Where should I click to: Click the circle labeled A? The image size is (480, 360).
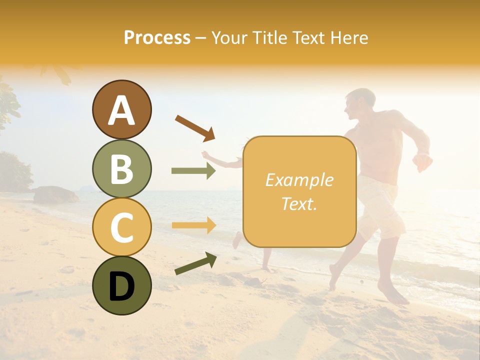pyautogui.click(x=121, y=109)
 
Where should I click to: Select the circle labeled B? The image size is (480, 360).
pyautogui.click(x=121, y=168)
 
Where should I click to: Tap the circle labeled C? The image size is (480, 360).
pyautogui.click(x=121, y=227)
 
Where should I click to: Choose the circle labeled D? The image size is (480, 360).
pyautogui.click(x=121, y=285)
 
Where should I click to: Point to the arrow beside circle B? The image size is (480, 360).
pyautogui.click(x=193, y=171)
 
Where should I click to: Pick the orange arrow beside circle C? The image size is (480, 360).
pyautogui.click(x=193, y=225)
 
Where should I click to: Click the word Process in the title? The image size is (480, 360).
pyautogui.click(x=157, y=38)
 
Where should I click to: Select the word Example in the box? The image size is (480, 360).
pyautogui.click(x=299, y=180)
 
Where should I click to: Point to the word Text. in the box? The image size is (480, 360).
pyautogui.click(x=299, y=203)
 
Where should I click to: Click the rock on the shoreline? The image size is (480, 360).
pyautogui.click(x=55, y=195)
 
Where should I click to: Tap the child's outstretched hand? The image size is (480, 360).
pyautogui.click(x=205, y=154)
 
